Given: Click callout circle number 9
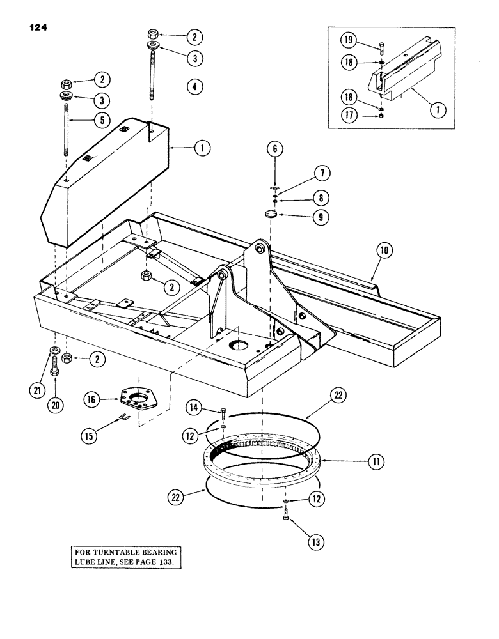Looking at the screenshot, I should (x=318, y=217).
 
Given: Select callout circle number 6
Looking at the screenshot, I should (x=276, y=151).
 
